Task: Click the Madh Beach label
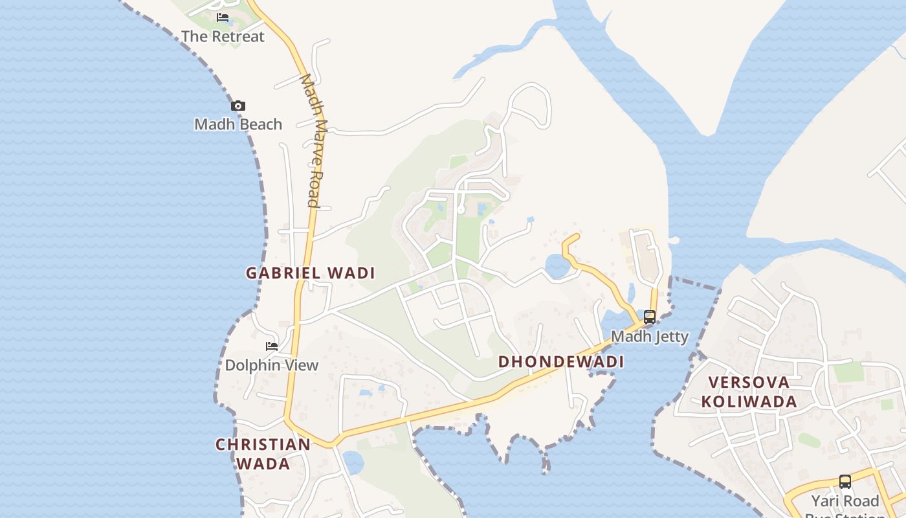pyautogui.click(x=238, y=124)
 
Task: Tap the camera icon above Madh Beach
pyautogui.click(x=238, y=106)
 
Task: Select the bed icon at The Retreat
pyautogui.click(x=223, y=17)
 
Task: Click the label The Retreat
pyautogui.click(x=223, y=36)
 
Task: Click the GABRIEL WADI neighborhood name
pyautogui.click(x=311, y=273)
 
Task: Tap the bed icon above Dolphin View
pyautogui.click(x=272, y=346)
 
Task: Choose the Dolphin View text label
pyautogui.click(x=272, y=365)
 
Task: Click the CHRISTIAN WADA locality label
pyautogui.click(x=263, y=454)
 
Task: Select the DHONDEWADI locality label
pyautogui.click(x=561, y=362)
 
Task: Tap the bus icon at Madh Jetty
pyautogui.click(x=650, y=317)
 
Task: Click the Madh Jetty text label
pyautogui.click(x=650, y=337)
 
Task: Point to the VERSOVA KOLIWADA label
pyautogui.click(x=749, y=392)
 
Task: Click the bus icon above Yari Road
pyautogui.click(x=845, y=482)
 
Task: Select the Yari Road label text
pyautogui.click(x=845, y=501)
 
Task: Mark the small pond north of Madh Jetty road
pyautogui.click(x=557, y=265)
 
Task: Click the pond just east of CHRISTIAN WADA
pyautogui.click(x=353, y=462)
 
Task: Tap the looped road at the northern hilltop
pyautogui.click(x=531, y=104)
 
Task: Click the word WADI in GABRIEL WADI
pyautogui.click(x=351, y=273)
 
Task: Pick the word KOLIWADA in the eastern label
pyautogui.click(x=749, y=401)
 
